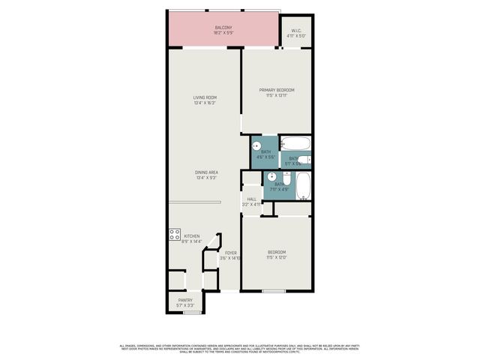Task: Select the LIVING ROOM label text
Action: click(x=205, y=97)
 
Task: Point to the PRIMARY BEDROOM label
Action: click(x=269, y=90)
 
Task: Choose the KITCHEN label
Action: click(x=192, y=236)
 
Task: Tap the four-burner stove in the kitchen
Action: click(x=174, y=234)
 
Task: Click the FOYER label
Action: click(x=231, y=253)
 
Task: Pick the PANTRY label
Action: click(x=185, y=301)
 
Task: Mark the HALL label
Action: click(x=251, y=199)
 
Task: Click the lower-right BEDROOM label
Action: click(x=276, y=252)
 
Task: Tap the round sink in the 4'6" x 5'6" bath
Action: click(x=256, y=146)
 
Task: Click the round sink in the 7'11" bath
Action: click(x=271, y=178)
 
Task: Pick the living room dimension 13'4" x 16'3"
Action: click(x=205, y=103)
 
